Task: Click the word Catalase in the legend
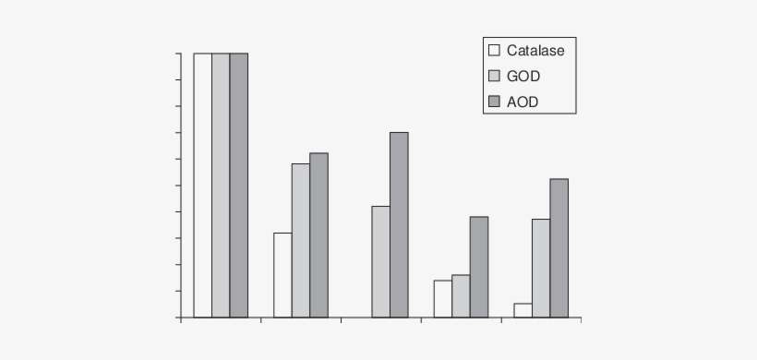click(535, 51)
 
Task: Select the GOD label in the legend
click(523, 77)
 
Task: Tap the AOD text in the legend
click(523, 102)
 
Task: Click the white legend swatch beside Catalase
click(494, 51)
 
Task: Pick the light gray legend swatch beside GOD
click(494, 77)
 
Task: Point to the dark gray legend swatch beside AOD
click(494, 102)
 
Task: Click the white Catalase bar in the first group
click(203, 185)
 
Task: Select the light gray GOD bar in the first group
click(221, 185)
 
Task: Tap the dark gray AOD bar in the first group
click(239, 185)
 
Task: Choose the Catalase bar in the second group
click(282, 275)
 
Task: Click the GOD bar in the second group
click(301, 240)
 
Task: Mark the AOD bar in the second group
click(318, 234)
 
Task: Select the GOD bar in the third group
click(380, 261)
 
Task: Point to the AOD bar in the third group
click(399, 224)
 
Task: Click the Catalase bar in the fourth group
click(442, 298)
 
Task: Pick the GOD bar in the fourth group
click(461, 295)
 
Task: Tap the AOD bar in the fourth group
click(478, 267)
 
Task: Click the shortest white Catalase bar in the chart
click(523, 310)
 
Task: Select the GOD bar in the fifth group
click(540, 268)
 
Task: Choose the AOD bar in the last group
click(559, 247)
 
